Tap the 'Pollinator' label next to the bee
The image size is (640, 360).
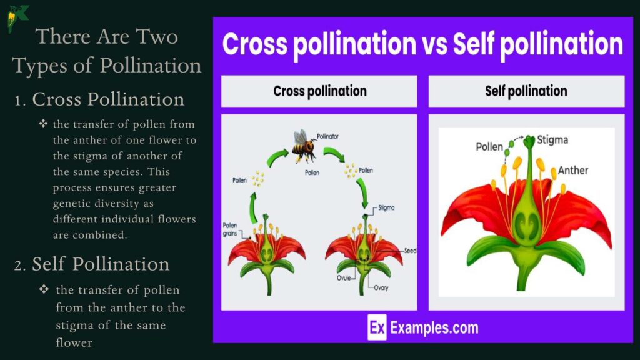tap(328, 135)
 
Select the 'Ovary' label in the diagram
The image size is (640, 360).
tap(382, 288)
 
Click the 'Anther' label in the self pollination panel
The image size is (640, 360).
tap(573, 170)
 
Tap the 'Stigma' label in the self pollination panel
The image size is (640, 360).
tap(552, 139)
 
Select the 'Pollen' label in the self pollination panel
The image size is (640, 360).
tap(489, 147)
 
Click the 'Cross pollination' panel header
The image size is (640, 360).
tap(319, 91)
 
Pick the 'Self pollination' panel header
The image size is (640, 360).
tap(526, 91)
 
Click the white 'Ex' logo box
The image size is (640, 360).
tap(377, 327)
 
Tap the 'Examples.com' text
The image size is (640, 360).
tap(434, 327)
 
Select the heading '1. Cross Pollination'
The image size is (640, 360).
tap(100, 99)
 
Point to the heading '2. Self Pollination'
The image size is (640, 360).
tap(92, 264)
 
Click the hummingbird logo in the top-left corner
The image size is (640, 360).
tap(17, 17)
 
